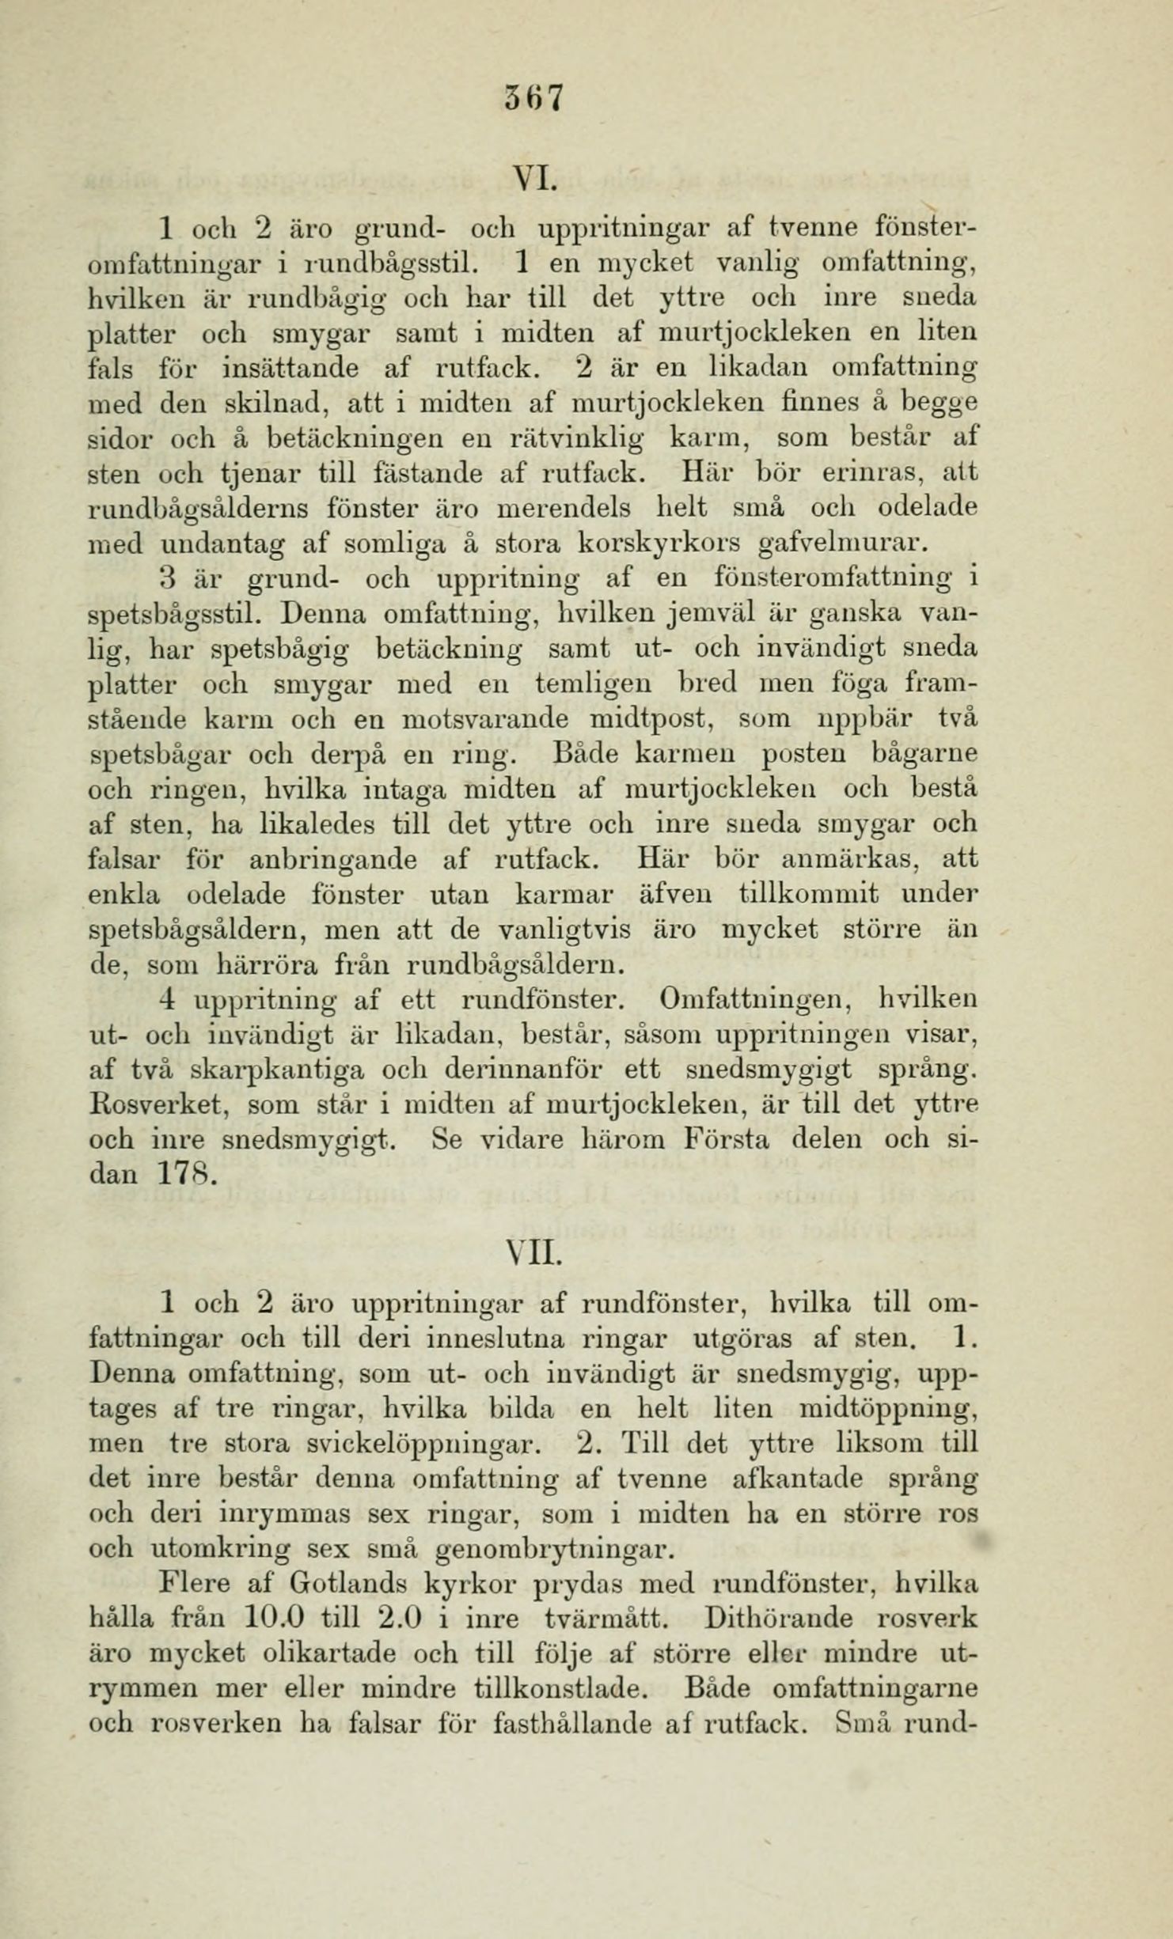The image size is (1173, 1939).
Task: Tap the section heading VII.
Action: click(534, 1253)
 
